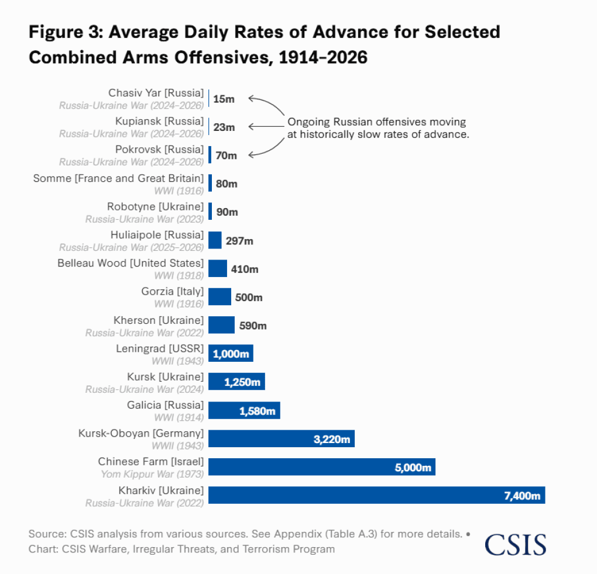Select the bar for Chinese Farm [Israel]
pos(321,466)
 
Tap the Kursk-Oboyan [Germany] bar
pos(281,438)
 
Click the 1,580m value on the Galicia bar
pos(257,411)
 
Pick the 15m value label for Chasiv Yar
pos(224,99)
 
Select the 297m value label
pos(239,241)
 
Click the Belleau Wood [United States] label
pos(131,263)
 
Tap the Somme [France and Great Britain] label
pos(118,178)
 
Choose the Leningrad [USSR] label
pos(160,348)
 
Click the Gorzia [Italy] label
pos(172,292)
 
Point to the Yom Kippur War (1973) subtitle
pos(152,474)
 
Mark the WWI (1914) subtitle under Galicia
pos(179,417)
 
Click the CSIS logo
pos(515,544)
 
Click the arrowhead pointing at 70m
pos(252,155)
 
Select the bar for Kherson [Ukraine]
pos(221,325)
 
